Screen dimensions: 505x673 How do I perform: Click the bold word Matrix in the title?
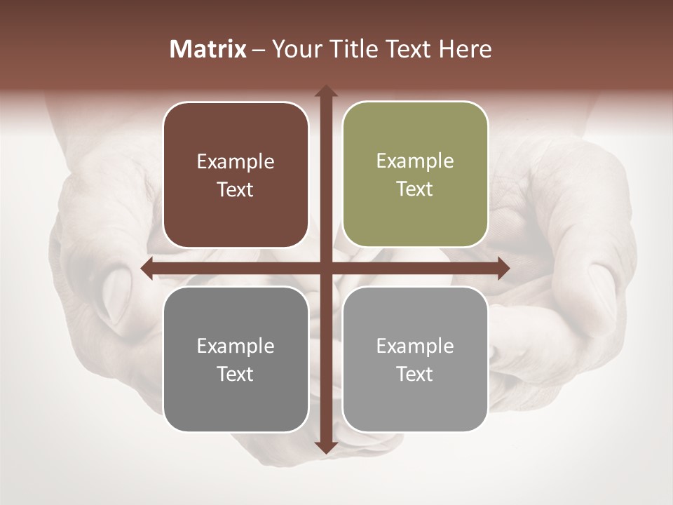[x=208, y=49]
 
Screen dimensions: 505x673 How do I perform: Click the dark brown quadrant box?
[x=236, y=175]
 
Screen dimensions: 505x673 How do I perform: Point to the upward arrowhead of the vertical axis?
[x=325, y=92]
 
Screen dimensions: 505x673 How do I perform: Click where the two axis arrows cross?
[x=325, y=268]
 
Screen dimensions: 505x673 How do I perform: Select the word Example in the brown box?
[x=236, y=162]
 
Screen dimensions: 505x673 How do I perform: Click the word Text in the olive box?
[x=415, y=189]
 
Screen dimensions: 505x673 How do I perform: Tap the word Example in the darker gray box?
[x=236, y=346]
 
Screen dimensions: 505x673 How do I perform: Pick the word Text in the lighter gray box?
[x=415, y=374]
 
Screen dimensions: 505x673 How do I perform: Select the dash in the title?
[x=259, y=50]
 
